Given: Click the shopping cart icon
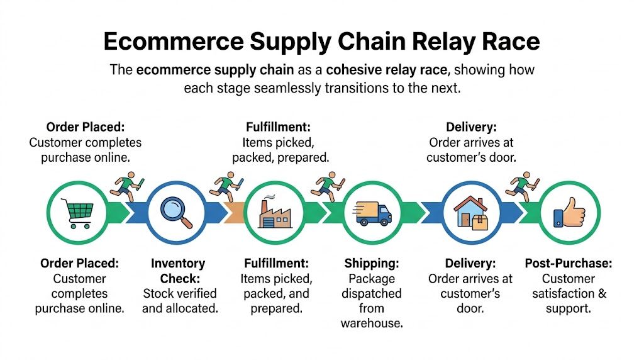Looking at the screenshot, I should pyautogui.click(x=75, y=213).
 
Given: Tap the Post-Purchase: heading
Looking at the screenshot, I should pyautogui.click(x=568, y=264).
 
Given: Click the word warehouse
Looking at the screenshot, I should pyautogui.click(x=372, y=323).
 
